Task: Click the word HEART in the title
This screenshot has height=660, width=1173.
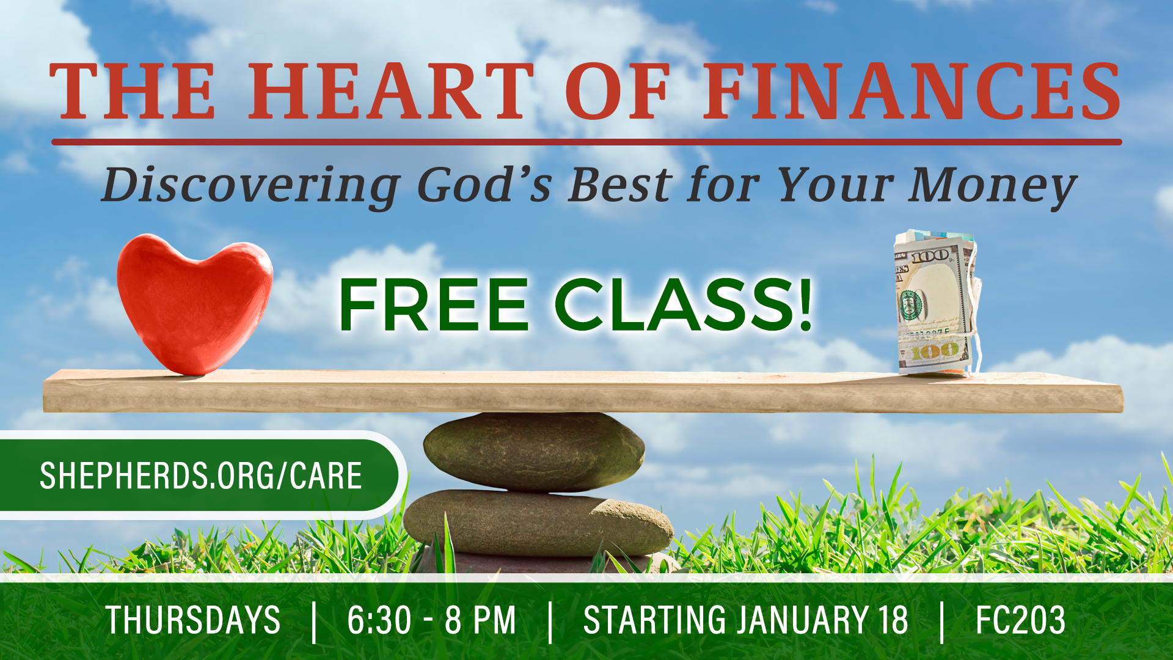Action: pyautogui.click(x=391, y=91)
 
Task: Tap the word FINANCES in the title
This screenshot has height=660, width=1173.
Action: pyautogui.click(x=912, y=91)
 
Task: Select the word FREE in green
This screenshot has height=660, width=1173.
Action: pyautogui.click(x=433, y=304)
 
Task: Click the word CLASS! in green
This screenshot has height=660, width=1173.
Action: pyautogui.click(x=684, y=304)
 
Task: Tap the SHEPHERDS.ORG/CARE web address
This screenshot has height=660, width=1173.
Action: pyautogui.click(x=201, y=476)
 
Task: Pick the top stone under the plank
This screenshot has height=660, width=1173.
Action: pyautogui.click(x=533, y=452)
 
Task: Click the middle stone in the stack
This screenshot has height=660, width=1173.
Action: pyautogui.click(x=538, y=523)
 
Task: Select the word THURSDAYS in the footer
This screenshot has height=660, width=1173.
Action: pyautogui.click(x=193, y=620)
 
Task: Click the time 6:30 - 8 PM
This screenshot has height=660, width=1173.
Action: pyautogui.click(x=432, y=620)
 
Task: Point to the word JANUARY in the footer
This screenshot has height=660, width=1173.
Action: pyautogui.click(x=802, y=620)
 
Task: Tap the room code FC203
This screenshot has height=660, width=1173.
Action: pyautogui.click(x=1020, y=620)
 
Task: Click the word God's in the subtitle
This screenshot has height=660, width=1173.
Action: pyautogui.click(x=484, y=185)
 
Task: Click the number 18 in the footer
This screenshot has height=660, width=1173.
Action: pyautogui.click(x=893, y=620)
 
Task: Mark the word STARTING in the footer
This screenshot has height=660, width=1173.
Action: pyautogui.click(x=655, y=620)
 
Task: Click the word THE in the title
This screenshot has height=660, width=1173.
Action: pyautogui.click(x=133, y=91)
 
